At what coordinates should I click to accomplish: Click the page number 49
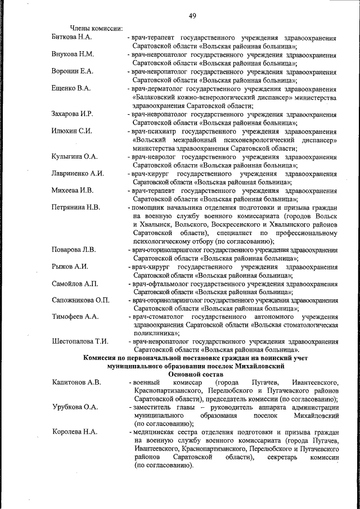pos(192,15)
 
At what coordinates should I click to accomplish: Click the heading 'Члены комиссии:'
pos(96,29)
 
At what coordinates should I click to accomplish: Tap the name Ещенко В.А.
pos(71,89)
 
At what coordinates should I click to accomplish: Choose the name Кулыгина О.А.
pos(74,156)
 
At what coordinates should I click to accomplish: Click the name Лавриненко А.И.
pos(78,173)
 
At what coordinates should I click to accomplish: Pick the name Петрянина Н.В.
pos(76,208)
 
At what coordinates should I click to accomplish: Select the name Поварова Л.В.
pos(74,249)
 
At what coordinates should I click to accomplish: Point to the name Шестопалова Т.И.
pos(79,342)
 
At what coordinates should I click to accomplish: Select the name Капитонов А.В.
pos(76,383)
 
